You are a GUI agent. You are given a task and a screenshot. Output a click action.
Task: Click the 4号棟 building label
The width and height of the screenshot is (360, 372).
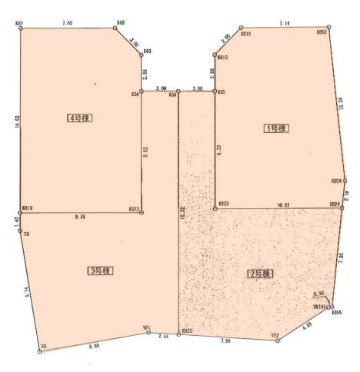[x=80, y=118]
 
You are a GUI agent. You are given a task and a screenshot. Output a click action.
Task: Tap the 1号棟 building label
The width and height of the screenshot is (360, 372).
[x=275, y=128]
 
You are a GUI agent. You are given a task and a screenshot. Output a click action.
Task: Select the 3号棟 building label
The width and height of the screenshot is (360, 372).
[x=101, y=271]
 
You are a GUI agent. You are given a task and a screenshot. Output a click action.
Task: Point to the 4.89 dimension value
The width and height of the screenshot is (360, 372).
[x=308, y=326]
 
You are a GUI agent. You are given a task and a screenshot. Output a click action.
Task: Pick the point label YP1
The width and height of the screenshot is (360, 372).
[x=146, y=326]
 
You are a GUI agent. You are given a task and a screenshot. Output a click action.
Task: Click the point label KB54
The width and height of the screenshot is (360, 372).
[x=335, y=181]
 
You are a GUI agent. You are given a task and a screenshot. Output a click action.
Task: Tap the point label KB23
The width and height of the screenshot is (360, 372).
[x=223, y=204]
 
